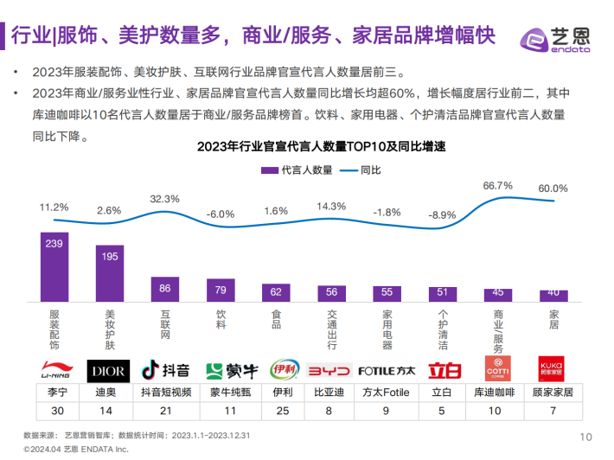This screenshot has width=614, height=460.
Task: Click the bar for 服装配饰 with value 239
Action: pyautogui.click(x=54, y=267)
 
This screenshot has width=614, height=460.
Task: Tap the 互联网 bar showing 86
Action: pyautogui.click(x=164, y=290)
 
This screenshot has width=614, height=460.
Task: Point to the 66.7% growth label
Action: pyautogui.click(x=497, y=185)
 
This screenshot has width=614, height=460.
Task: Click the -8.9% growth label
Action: pyautogui.click(x=443, y=214)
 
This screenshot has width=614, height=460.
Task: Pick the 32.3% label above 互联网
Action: pyautogui.click(x=164, y=199)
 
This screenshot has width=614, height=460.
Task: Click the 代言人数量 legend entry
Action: pyautogui.click(x=297, y=169)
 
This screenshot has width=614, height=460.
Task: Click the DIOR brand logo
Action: pyautogui.click(x=109, y=371)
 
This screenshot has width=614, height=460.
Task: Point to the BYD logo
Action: pyautogui.click(x=331, y=370)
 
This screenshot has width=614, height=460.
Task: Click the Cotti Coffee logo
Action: pyautogui.click(x=497, y=370)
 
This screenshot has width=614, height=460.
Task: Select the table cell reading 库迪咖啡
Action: pyautogui.click(x=497, y=392)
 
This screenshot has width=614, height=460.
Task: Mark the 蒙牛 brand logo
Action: pyautogui.click(x=220, y=370)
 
